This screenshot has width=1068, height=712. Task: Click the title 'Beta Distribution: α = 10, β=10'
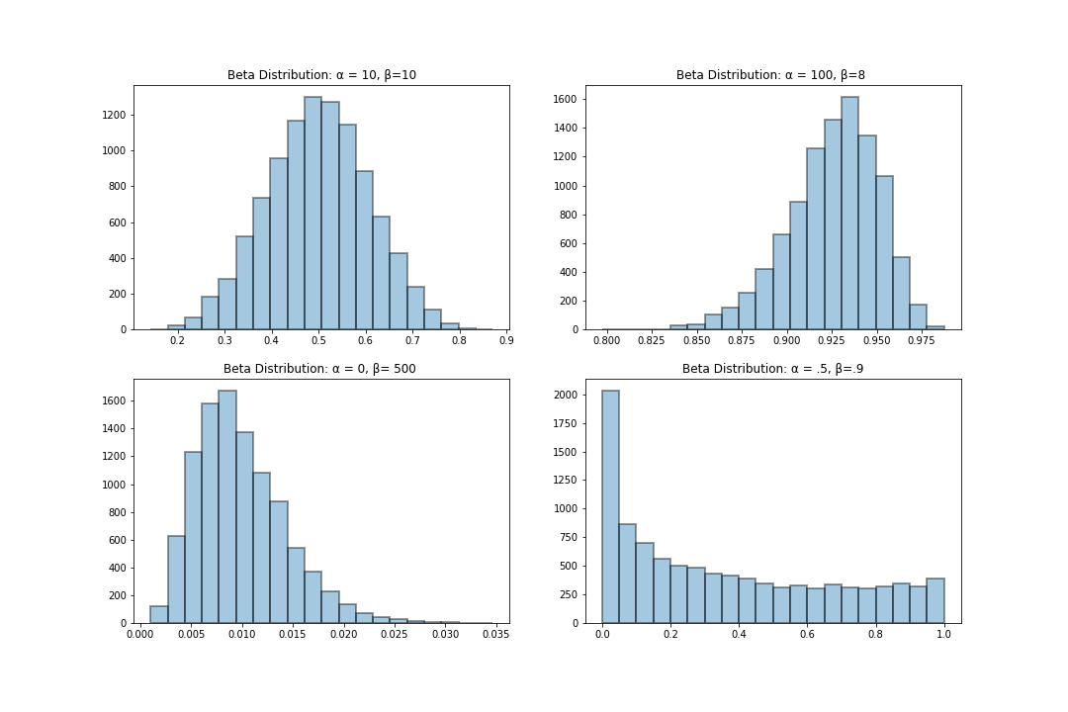(321, 75)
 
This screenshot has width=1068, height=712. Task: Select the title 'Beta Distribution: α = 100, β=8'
(770, 75)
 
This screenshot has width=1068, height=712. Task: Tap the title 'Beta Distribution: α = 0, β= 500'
(319, 369)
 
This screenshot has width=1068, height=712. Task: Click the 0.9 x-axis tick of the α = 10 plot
(505, 341)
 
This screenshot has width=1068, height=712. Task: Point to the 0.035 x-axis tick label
(494, 635)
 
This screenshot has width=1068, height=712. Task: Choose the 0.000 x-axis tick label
(139, 635)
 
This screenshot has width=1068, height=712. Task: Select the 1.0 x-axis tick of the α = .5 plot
(943, 635)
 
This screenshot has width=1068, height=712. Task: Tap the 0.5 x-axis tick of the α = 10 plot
(317, 341)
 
